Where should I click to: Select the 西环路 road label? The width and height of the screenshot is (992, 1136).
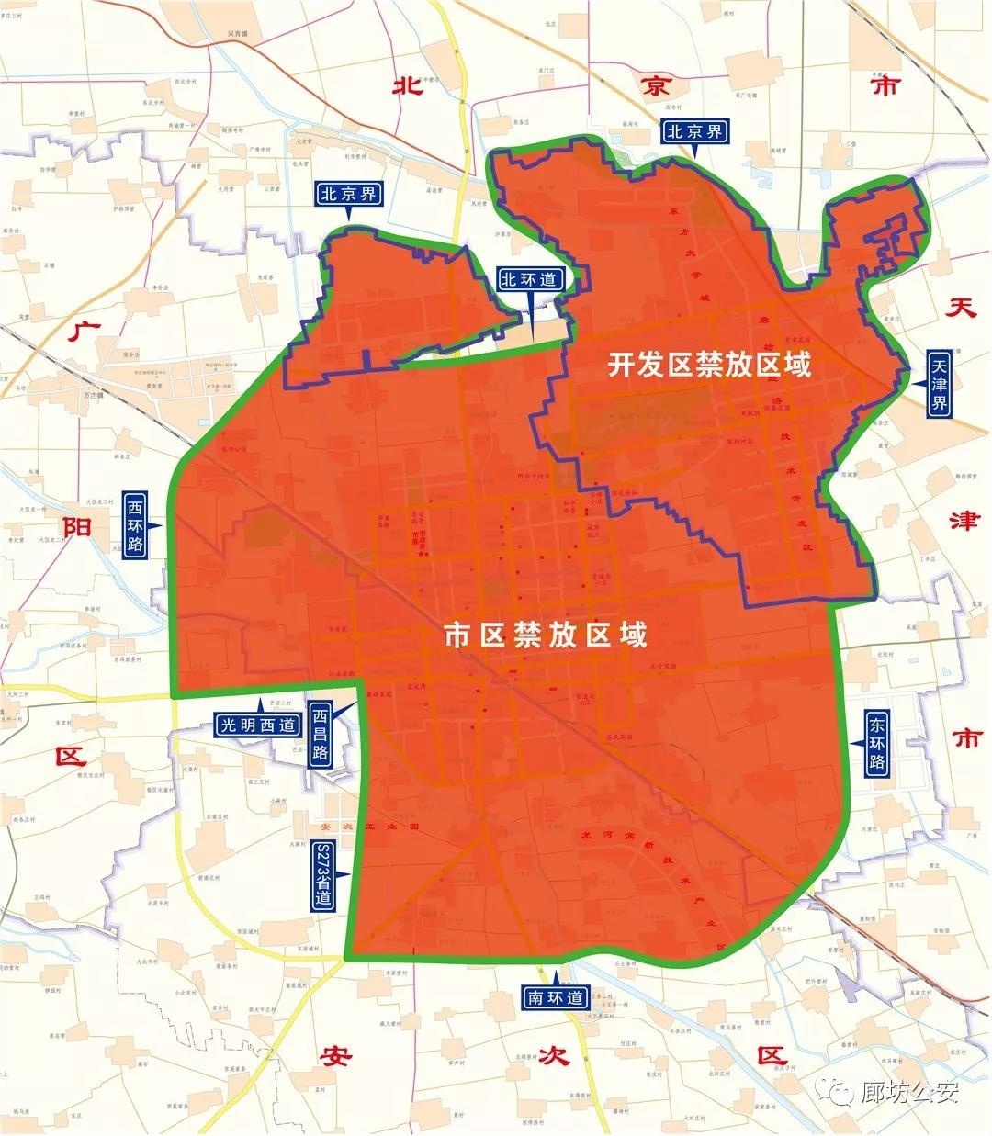136,525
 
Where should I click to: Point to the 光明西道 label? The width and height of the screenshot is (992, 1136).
258,725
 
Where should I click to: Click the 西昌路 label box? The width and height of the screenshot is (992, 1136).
320,736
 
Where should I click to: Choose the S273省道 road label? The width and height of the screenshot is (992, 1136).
323,875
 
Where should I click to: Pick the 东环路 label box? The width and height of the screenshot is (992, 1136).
876,743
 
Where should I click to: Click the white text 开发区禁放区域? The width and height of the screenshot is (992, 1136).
710,366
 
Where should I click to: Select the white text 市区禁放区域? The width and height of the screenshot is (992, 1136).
546,635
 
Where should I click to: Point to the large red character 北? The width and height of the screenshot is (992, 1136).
407,87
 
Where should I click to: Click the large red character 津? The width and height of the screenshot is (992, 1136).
964,521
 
